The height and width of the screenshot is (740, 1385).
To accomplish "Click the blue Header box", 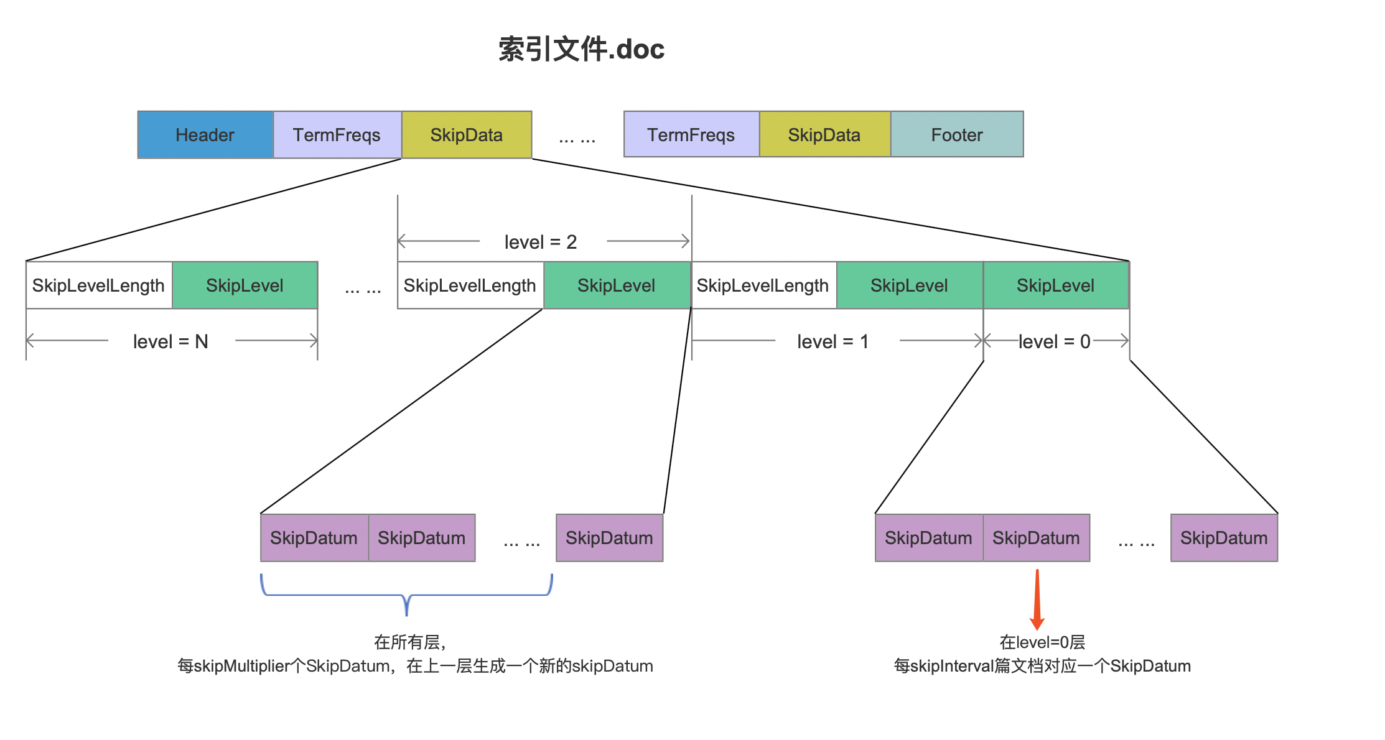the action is click(205, 134).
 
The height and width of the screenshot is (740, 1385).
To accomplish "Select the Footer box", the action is click(957, 134).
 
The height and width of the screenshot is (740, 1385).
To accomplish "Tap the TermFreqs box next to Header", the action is click(337, 134).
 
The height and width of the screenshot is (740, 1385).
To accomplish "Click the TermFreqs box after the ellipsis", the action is click(691, 134).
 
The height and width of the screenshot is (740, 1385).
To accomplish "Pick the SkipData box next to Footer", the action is click(825, 134).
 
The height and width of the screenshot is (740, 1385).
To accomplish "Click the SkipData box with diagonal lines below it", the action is click(467, 134).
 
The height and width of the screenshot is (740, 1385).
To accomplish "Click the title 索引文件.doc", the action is click(582, 49).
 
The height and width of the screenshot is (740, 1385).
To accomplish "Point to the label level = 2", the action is click(541, 242).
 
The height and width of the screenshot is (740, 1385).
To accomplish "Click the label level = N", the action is click(170, 341).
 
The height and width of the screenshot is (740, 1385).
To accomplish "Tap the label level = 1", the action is click(833, 341).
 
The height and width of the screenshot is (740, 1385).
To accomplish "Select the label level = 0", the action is click(1055, 341).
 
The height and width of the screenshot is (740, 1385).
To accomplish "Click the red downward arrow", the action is click(1037, 599).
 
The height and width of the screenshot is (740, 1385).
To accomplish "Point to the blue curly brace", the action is click(406, 595).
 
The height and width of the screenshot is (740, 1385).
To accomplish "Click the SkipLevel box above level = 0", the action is click(1056, 285).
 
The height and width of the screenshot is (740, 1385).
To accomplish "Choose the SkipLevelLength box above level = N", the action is click(99, 285).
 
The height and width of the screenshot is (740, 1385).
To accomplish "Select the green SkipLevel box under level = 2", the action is click(617, 285).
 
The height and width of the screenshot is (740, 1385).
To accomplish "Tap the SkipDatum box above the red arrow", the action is click(1037, 538).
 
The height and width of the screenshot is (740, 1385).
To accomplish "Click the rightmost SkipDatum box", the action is click(1224, 538).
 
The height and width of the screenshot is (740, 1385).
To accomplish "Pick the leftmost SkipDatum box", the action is click(314, 538).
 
